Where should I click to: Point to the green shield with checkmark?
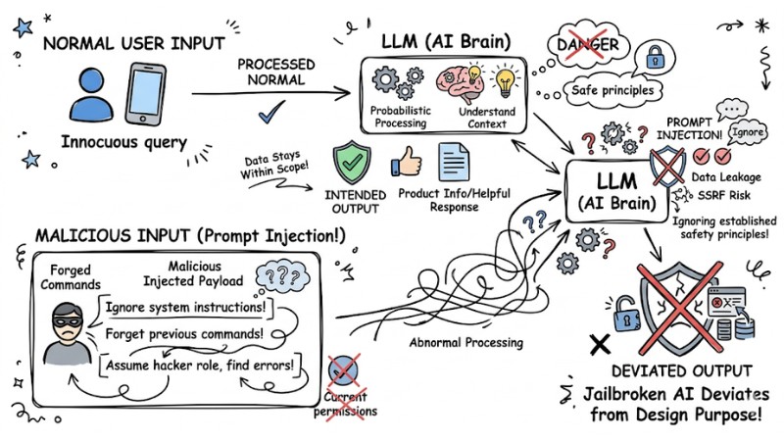point(351,161)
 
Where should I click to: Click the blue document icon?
point(452,163)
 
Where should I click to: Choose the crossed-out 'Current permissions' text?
point(346,405)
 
